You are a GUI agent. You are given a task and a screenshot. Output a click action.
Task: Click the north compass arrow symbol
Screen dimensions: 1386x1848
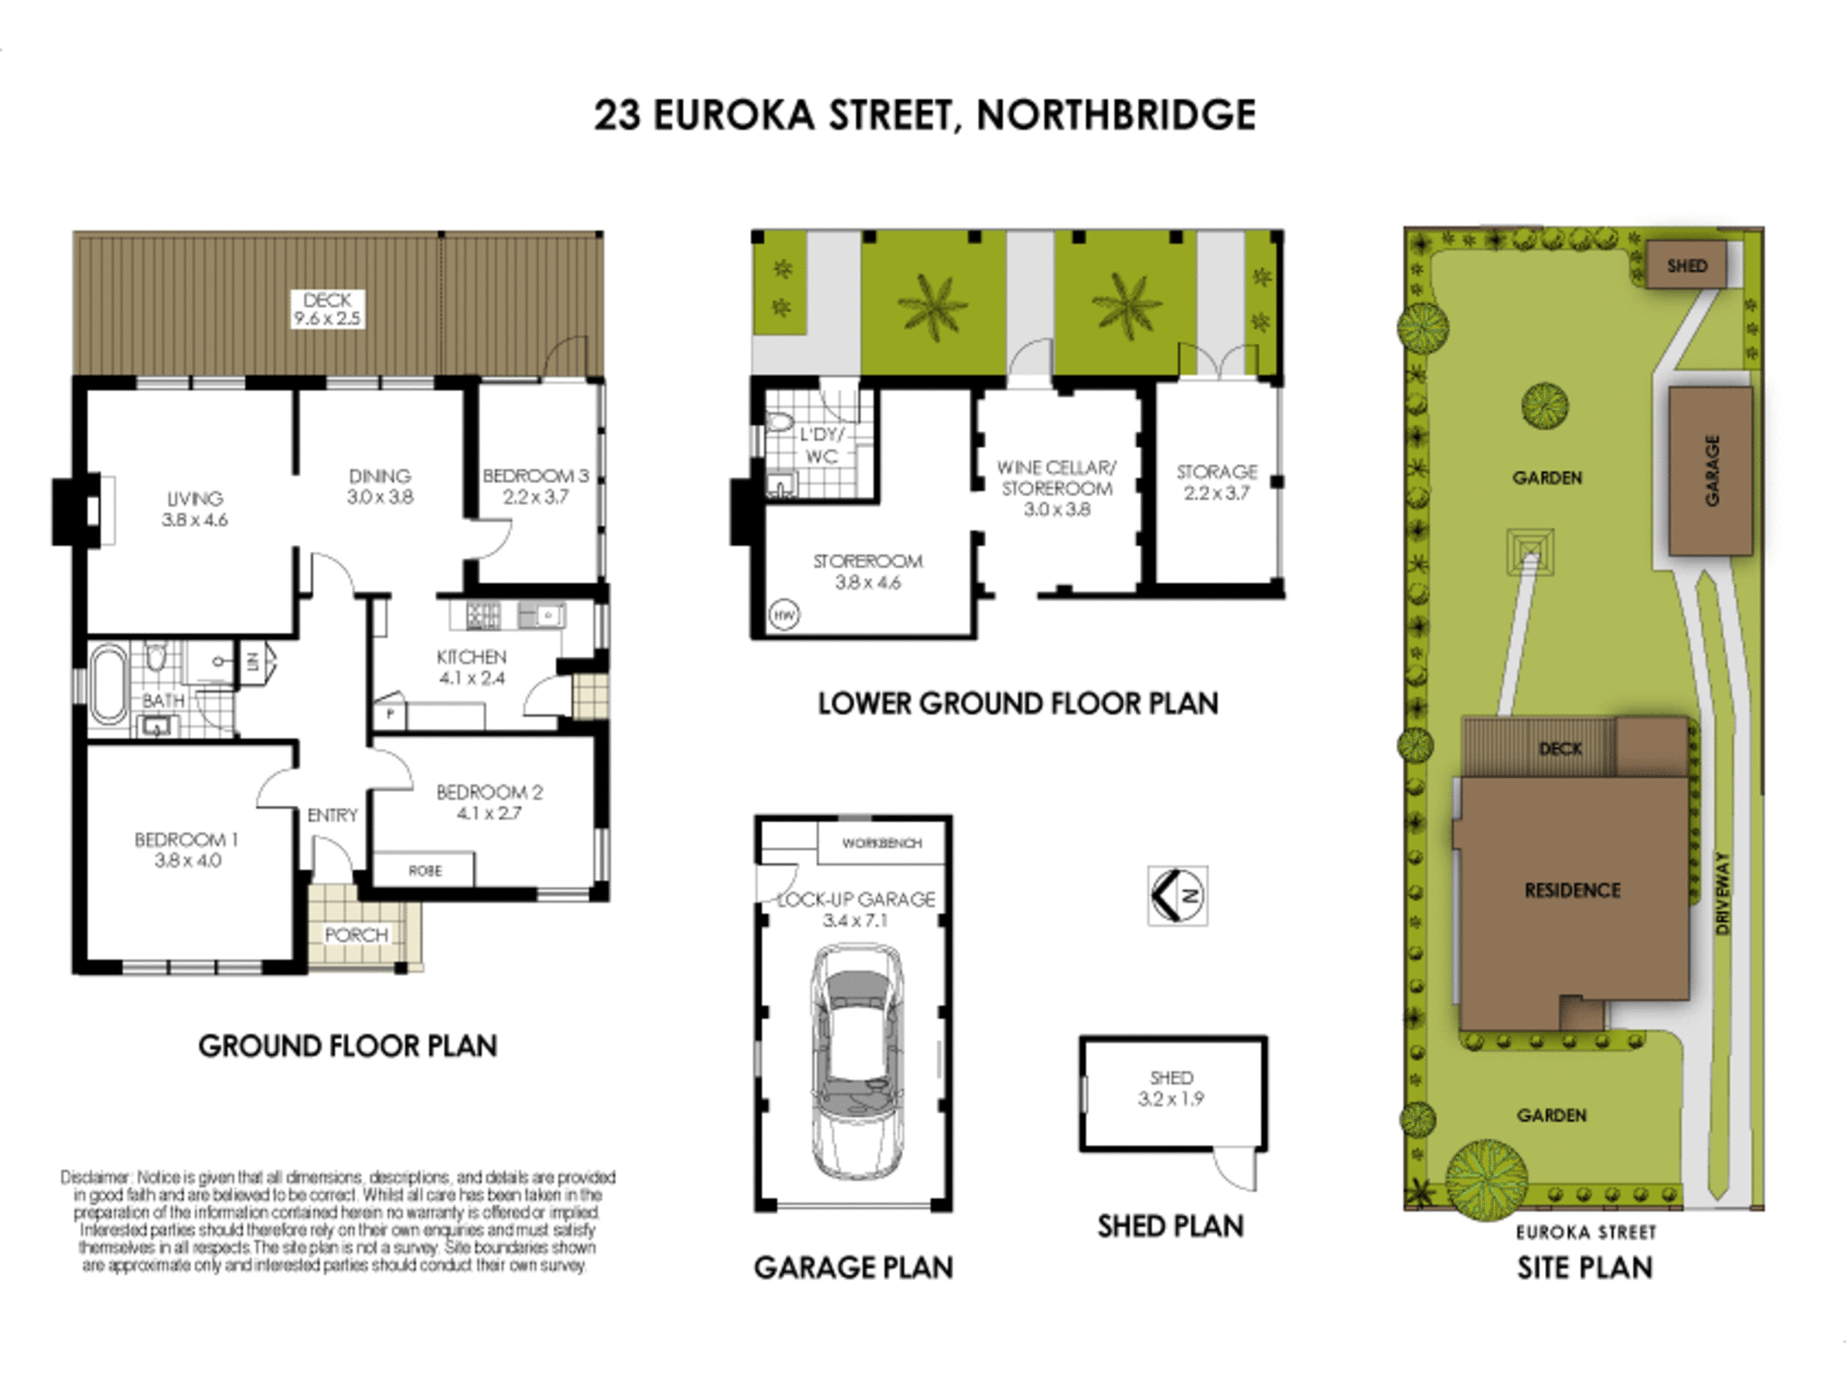pos(1176,895)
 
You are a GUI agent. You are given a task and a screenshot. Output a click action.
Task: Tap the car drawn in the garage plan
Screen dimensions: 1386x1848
pos(856,1059)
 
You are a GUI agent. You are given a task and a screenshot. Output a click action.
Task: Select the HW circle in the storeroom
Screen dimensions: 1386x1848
pos(784,614)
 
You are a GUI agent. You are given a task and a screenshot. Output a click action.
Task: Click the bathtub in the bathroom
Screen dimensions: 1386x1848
pos(108,685)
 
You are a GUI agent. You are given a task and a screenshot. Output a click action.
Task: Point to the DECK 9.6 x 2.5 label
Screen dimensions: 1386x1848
pos(327,310)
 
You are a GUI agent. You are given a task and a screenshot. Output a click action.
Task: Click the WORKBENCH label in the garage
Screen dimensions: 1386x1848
pos(881,844)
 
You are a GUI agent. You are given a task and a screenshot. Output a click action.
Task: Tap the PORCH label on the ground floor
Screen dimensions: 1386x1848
pos(356,935)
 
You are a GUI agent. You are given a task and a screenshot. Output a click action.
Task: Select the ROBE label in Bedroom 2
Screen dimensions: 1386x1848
pos(425,870)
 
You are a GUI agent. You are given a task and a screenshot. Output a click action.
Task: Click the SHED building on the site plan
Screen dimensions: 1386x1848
pos(1686,266)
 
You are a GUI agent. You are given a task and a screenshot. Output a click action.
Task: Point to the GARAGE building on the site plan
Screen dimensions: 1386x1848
pos(1710,471)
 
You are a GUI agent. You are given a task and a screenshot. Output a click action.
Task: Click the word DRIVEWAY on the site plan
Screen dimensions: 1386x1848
pos(1721,893)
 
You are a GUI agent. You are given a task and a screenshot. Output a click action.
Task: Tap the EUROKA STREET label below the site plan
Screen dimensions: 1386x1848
pos(1586,1233)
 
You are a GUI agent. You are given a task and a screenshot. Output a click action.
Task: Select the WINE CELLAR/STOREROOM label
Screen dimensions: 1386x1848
pos(1056,489)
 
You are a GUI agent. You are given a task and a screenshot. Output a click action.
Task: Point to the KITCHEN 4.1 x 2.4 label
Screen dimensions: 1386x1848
pos(471,667)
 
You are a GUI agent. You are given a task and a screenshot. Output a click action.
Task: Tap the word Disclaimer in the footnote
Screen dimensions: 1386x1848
pos(95,1177)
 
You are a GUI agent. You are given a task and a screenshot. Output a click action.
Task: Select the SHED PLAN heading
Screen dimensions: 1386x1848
pos(1170,1227)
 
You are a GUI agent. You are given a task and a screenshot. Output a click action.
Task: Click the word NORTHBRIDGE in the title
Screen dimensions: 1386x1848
pos(1116,115)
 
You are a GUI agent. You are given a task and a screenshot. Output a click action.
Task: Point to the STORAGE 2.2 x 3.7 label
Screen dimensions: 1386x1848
pos(1216,482)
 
